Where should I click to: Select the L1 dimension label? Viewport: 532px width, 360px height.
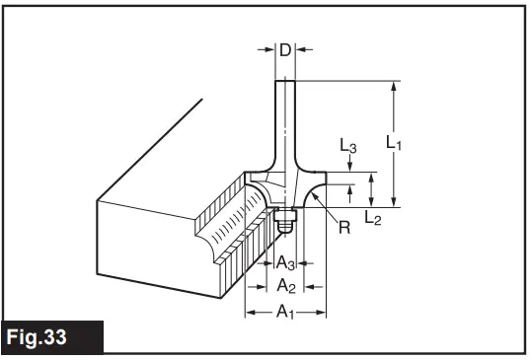click(x=394, y=144)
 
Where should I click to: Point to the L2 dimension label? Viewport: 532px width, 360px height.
click(x=371, y=218)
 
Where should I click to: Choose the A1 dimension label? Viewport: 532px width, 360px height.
click(x=284, y=313)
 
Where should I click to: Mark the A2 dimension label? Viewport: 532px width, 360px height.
click(x=284, y=286)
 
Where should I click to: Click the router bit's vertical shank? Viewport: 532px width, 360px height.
click(x=284, y=118)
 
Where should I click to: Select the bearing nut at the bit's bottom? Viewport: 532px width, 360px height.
click(x=286, y=222)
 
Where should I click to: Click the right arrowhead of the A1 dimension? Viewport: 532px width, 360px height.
click(x=321, y=313)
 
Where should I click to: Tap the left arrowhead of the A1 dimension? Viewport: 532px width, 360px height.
click(x=250, y=313)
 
